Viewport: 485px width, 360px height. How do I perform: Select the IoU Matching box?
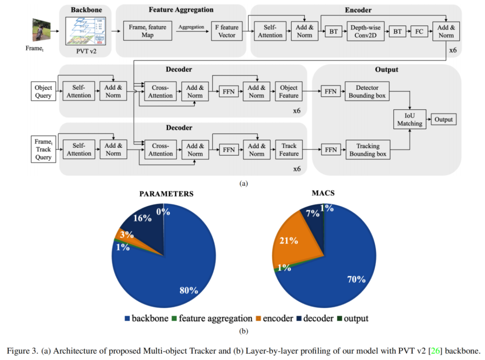[x=410, y=119]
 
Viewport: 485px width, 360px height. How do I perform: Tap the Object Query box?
[x=44, y=91]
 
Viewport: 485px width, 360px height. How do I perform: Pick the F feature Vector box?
[x=227, y=31]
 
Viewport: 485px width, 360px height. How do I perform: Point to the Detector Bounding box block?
[x=367, y=92]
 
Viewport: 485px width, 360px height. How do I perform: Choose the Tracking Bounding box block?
[x=367, y=149]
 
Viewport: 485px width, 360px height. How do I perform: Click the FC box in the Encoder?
[x=419, y=31]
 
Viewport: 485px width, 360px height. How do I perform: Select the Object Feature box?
[x=289, y=92]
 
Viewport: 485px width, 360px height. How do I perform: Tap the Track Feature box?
[x=289, y=149]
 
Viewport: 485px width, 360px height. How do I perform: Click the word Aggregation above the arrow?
[x=191, y=27]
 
